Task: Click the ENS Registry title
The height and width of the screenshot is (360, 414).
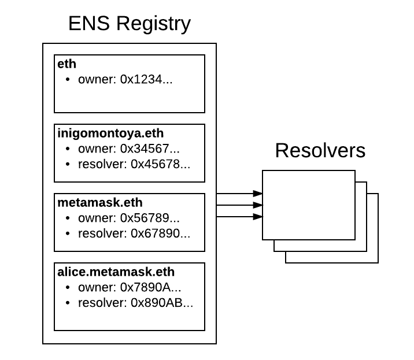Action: click(129, 24)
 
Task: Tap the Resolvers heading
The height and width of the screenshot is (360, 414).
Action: click(320, 150)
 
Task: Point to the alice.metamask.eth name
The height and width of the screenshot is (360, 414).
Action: click(116, 272)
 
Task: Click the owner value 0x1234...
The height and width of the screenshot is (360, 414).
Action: click(146, 79)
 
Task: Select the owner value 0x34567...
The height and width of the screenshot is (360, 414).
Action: click(150, 149)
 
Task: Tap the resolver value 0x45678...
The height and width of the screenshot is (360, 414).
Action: click(160, 164)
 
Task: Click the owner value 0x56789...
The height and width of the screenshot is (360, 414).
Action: click(150, 218)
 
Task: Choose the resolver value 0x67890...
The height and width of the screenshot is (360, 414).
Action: click(160, 233)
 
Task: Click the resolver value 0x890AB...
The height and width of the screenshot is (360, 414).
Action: click(162, 303)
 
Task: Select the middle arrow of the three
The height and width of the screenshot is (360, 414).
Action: click(239, 205)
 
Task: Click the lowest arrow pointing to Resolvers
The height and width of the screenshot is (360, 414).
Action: click(239, 217)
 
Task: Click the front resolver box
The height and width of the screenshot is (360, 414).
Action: click(308, 205)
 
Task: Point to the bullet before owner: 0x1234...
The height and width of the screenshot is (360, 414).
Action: click(68, 80)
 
